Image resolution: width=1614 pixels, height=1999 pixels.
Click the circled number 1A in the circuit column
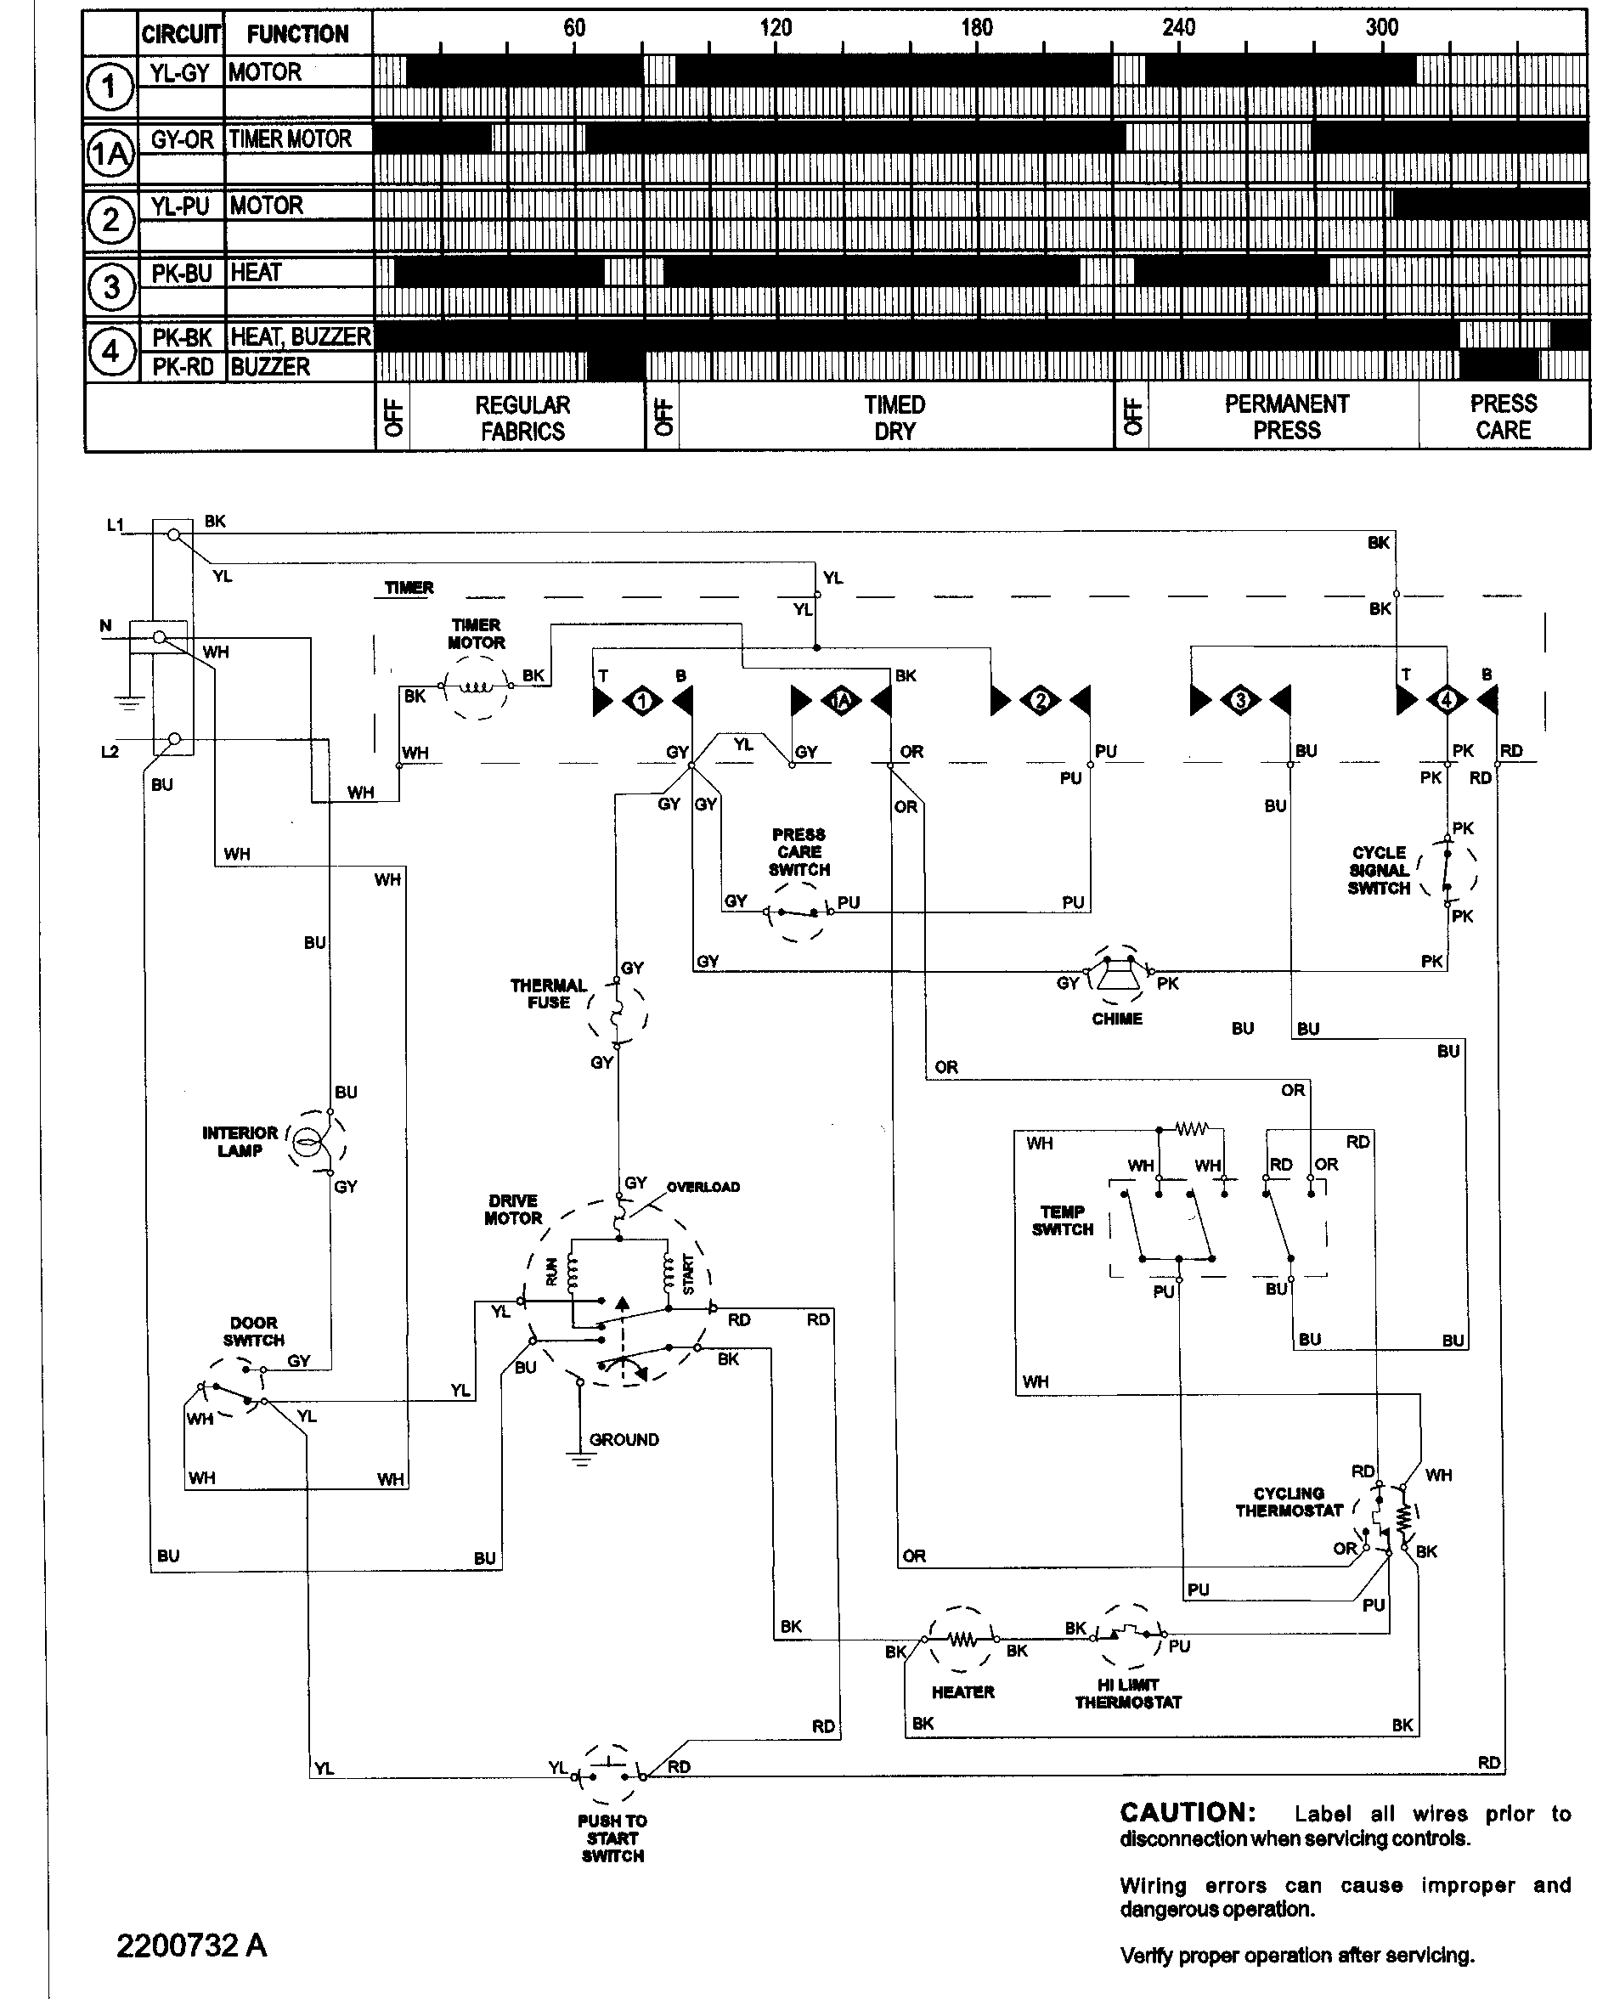[110, 154]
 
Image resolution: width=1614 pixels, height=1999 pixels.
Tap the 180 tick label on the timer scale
[976, 28]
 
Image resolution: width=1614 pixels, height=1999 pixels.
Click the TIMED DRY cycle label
[894, 418]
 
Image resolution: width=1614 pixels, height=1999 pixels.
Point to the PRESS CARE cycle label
[1503, 417]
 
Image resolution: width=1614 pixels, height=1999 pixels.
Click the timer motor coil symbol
[476, 688]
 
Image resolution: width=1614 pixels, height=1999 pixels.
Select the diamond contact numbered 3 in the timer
[1239, 700]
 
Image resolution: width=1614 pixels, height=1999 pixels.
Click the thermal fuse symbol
[617, 1014]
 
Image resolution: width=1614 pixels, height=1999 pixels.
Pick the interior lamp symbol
[309, 1141]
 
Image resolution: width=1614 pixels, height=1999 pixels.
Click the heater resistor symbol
[962, 1640]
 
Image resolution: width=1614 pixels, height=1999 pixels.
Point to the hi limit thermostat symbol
[1128, 1634]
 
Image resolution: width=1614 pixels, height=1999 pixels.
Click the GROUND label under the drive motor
[624, 1440]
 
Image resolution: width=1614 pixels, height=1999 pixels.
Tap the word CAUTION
[1188, 1813]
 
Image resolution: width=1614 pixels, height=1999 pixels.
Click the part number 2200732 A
[190, 1946]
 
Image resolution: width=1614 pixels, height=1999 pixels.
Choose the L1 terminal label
[116, 525]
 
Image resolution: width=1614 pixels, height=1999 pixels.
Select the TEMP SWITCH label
[1062, 1221]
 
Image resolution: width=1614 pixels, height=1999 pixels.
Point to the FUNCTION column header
[297, 34]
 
